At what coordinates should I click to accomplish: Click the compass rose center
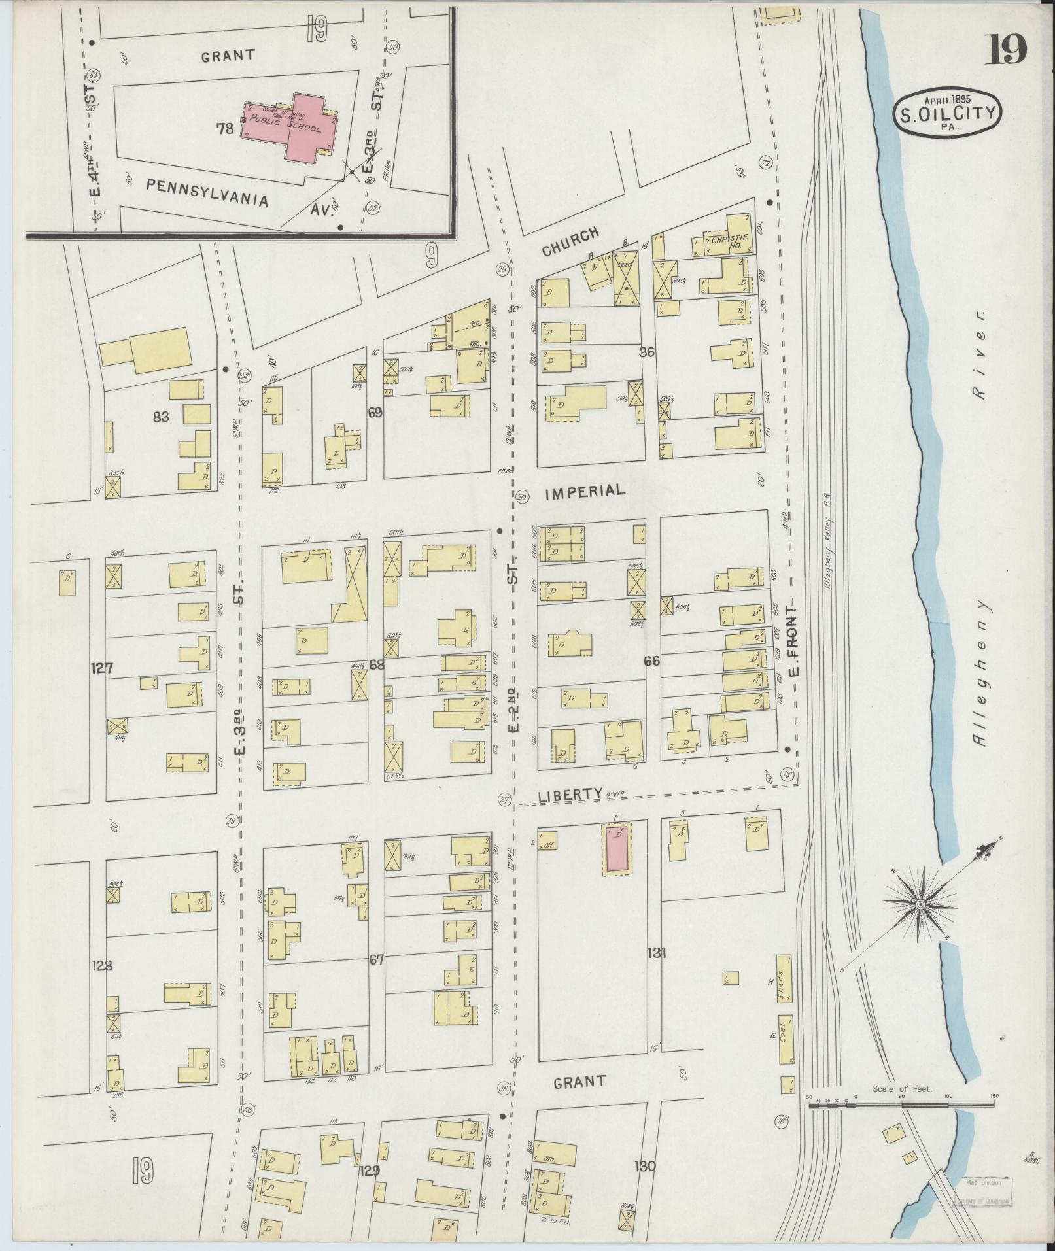(x=920, y=904)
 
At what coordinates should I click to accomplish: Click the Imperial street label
(x=585, y=490)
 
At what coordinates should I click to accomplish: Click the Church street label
(x=570, y=241)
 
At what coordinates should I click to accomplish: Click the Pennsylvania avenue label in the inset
(x=207, y=192)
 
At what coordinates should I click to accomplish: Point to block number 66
(x=651, y=661)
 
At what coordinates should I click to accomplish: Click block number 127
(x=103, y=668)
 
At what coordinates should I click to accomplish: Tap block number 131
(x=657, y=952)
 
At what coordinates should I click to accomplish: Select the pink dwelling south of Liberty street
(x=617, y=848)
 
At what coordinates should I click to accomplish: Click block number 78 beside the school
(x=226, y=129)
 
